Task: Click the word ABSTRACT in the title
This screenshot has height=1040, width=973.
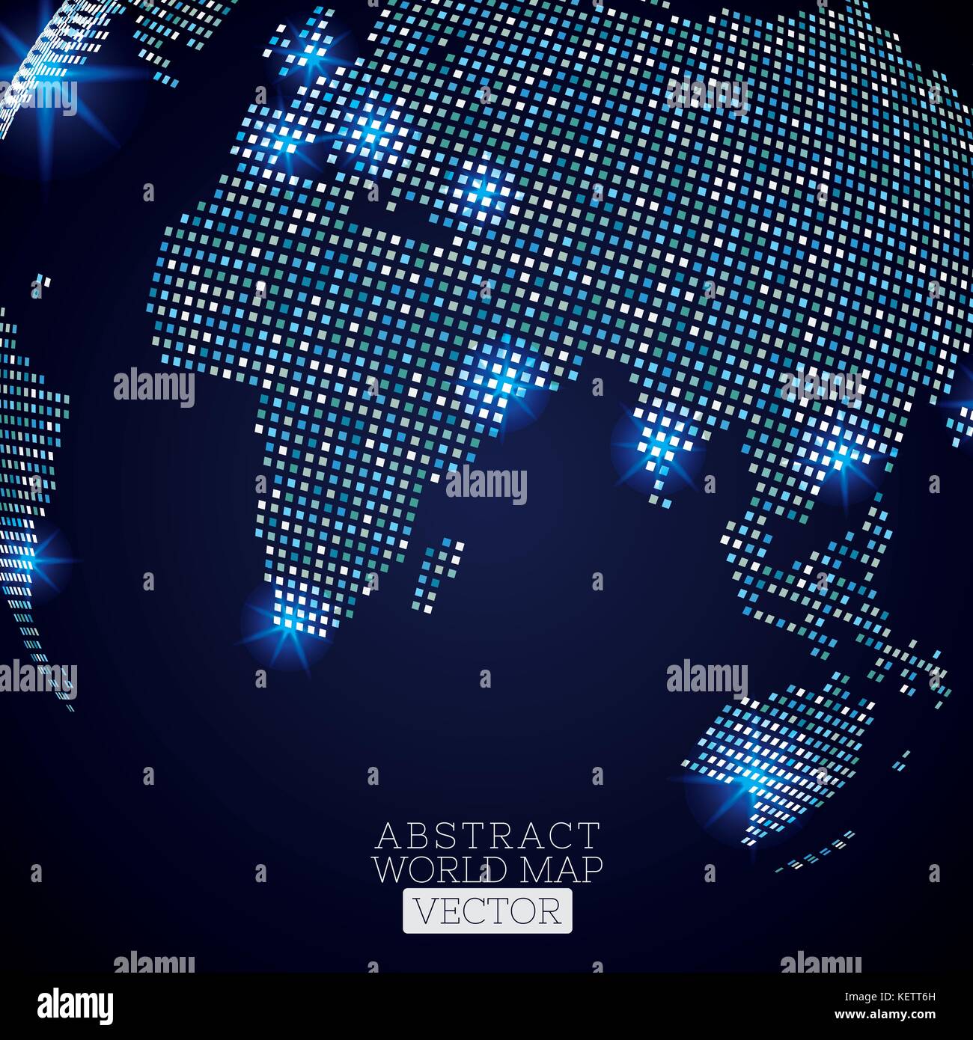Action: click(487, 835)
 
